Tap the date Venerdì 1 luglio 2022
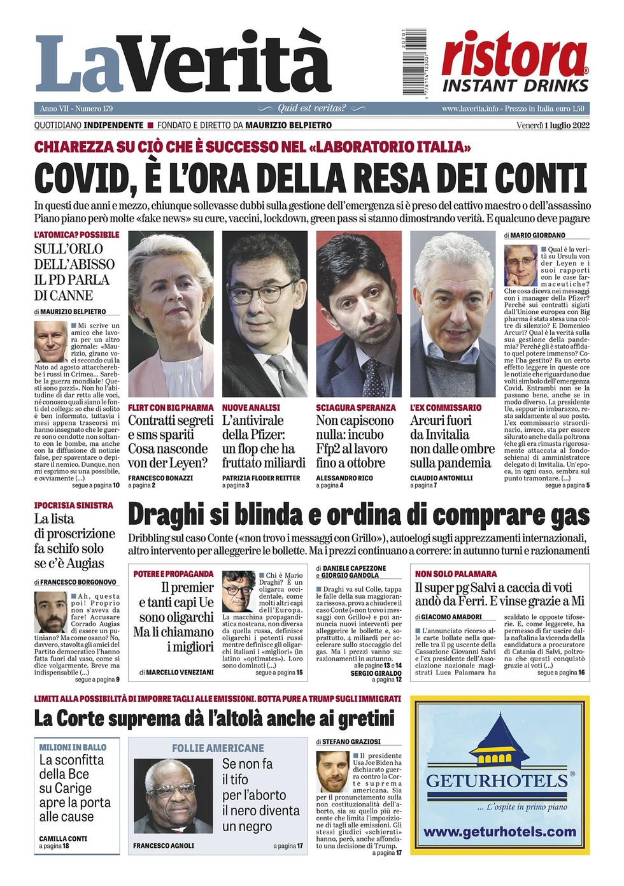pyautogui.click(x=553, y=125)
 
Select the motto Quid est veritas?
pyautogui.click(x=311, y=108)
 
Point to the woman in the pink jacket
pyautogui.click(x=171, y=312)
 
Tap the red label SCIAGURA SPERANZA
pyautogui.click(x=355, y=408)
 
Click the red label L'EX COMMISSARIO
pyautogui.click(x=446, y=408)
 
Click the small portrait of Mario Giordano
pyautogui.click(x=520, y=265)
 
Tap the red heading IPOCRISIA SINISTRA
pyautogui.click(x=73, y=505)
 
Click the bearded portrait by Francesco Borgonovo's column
pyautogui.click(x=50, y=612)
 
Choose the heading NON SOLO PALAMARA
pyautogui.click(x=456, y=574)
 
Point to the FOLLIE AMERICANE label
pyautogui.click(x=218, y=748)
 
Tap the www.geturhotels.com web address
pyautogui.click(x=500, y=832)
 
